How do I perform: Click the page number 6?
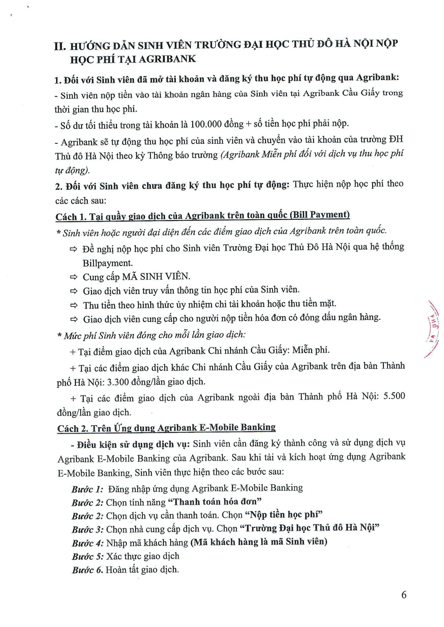pyautogui.click(x=404, y=595)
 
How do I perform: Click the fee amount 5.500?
pyautogui.click(x=394, y=396)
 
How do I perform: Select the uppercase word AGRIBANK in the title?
pyautogui.click(x=167, y=59)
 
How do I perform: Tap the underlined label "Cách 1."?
pyautogui.click(x=71, y=217)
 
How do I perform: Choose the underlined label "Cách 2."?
pyautogui.click(x=72, y=429)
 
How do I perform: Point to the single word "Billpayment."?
pyautogui.click(x=107, y=263)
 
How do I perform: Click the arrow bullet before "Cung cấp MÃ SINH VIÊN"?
pyautogui.click(x=74, y=277)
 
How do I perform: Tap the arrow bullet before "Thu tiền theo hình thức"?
pyautogui.click(x=74, y=305)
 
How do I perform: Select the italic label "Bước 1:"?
pyautogui.click(x=87, y=489)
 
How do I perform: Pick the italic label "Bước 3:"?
pyautogui.click(x=87, y=529)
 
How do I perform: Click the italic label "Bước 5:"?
pyautogui.click(x=87, y=556)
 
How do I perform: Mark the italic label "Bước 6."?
pyautogui.click(x=87, y=570)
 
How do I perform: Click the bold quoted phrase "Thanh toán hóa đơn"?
pyautogui.click(x=214, y=502)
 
